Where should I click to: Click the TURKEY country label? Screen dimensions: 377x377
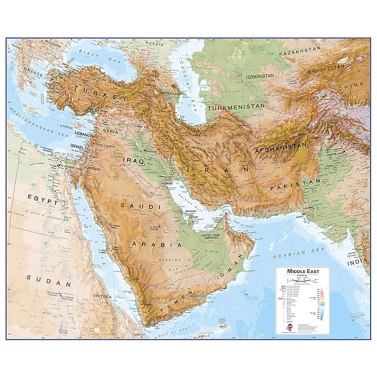tap(102, 94)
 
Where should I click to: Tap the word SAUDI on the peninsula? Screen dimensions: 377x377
tap(133, 206)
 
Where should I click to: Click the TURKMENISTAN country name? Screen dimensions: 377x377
tap(238, 108)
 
